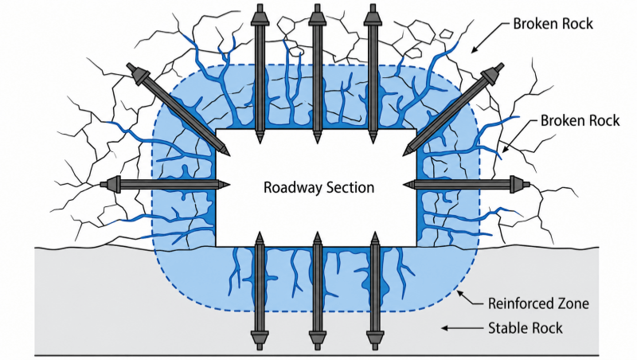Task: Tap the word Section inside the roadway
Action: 350,187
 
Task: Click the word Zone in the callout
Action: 571,303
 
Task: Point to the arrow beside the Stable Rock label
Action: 461,328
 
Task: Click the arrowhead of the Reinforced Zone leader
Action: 459,292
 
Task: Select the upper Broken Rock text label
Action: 553,24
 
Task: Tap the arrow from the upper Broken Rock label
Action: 490,38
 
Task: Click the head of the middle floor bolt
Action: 317,339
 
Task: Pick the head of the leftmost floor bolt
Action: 260,339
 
